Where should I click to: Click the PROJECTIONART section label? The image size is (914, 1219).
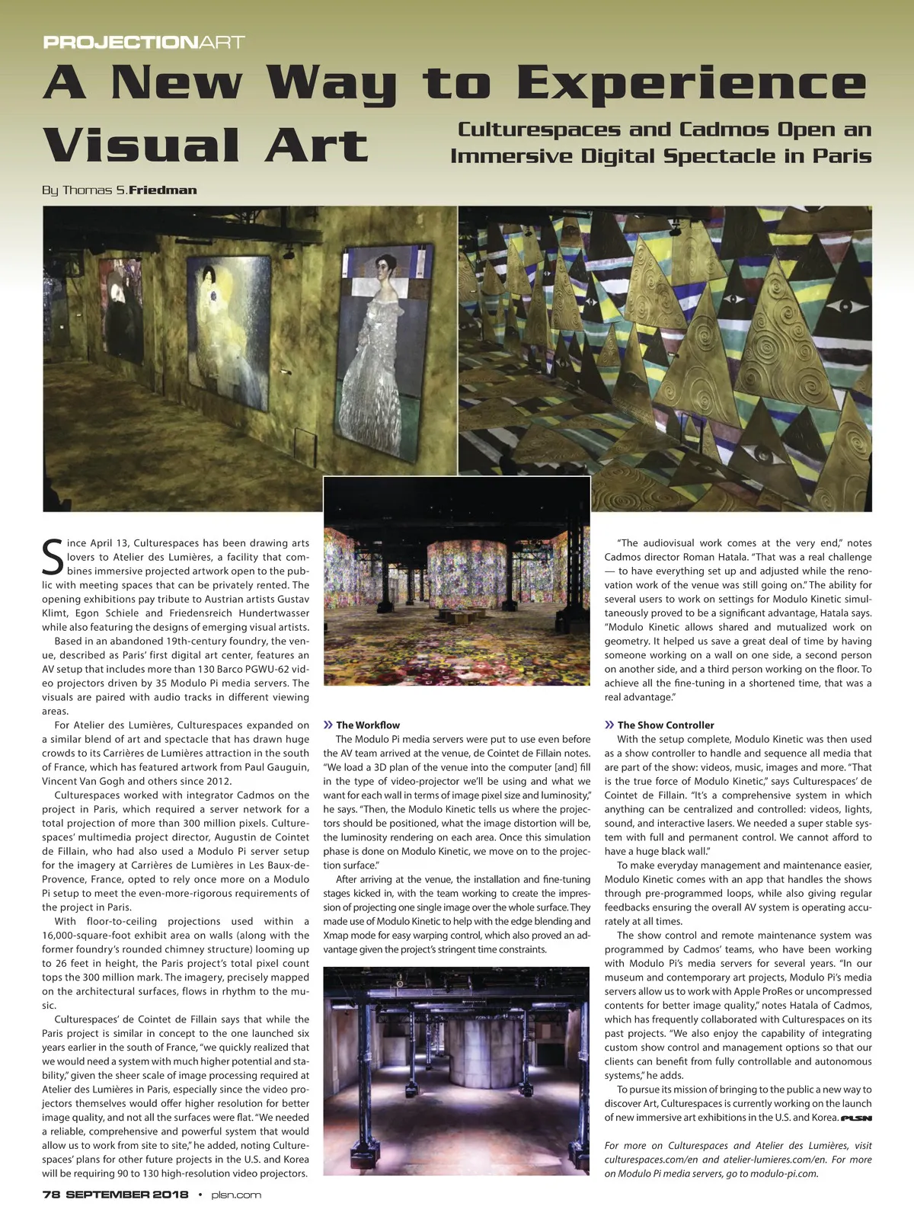tap(144, 42)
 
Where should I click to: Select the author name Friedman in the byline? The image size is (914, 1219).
tap(163, 190)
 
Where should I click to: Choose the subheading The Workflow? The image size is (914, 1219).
tap(367, 725)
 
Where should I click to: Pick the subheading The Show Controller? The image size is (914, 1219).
tap(665, 725)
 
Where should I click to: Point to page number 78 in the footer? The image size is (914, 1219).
tap(51, 1195)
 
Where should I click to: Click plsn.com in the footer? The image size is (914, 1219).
tap(235, 1195)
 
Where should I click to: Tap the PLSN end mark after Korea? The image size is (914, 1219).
tap(856, 1118)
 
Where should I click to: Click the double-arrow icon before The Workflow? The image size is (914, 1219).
tap(328, 725)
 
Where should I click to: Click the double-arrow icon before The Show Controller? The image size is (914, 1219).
tap(609, 725)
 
